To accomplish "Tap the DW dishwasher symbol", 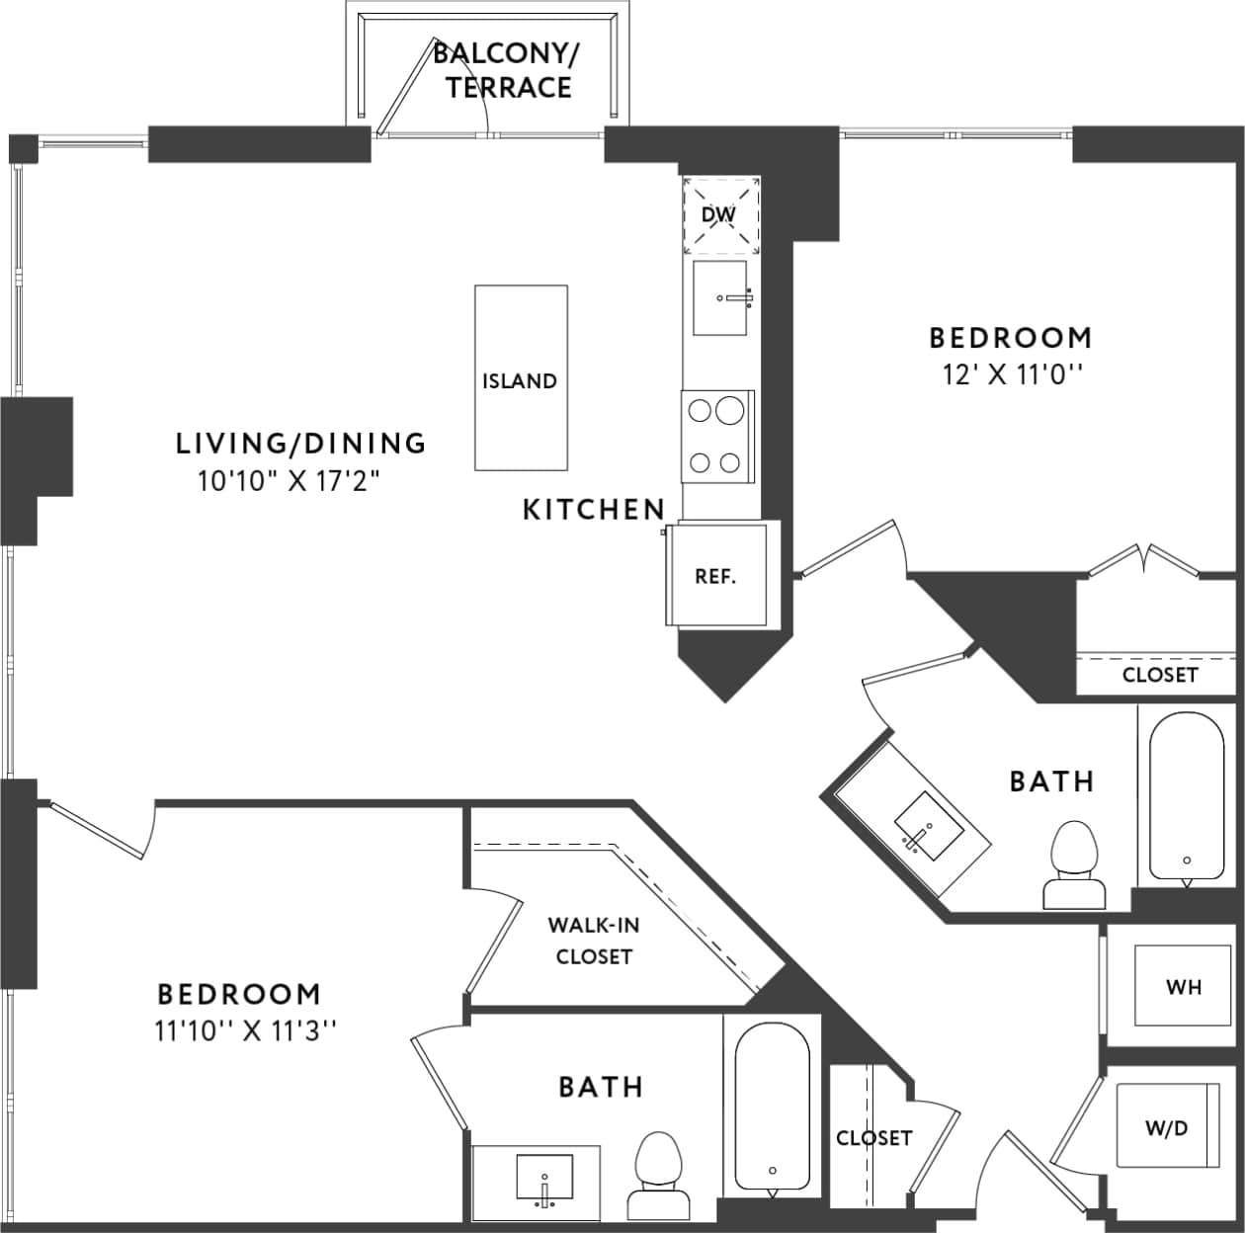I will click(720, 214).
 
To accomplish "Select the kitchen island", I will click(521, 378).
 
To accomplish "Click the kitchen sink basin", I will click(720, 298).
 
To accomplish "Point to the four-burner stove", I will click(716, 436).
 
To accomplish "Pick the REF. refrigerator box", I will click(716, 575).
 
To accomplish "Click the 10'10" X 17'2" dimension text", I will click(289, 482).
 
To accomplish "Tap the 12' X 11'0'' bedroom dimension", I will click(1008, 375).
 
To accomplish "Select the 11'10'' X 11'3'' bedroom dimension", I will click(246, 1031).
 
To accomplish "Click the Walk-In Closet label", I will click(593, 941).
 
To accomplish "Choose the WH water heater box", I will click(1183, 986).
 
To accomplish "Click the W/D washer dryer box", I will click(1167, 1126).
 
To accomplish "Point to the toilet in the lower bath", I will click(656, 1176).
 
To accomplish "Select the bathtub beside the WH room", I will click(1186, 795).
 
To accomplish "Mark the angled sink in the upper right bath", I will click(928, 823).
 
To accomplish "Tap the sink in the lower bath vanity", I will click(543, 1176).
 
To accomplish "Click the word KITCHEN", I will click(593, 510).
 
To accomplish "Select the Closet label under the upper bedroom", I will click(1159, 675).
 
